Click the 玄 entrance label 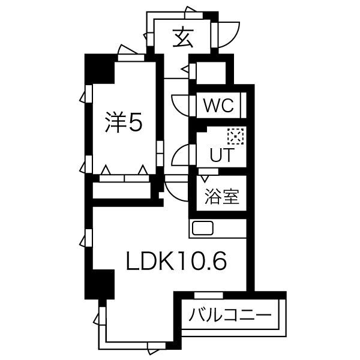pos(183,38)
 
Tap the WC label pos(219,106)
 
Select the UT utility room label pos(222,155)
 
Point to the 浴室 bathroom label pos(222,197)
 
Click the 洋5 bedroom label pos(124,122)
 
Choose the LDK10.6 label pos(176,260)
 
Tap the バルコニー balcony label pos(230,314)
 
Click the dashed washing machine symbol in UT pos(236,136)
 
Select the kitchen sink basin pos(203,228)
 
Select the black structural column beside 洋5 pos(100,69)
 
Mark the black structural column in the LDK pos(100,284)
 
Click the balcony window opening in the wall pos(208,295)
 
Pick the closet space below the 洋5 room pos(122,190)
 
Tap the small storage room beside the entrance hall pos(211,73)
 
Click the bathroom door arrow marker pos(205,178)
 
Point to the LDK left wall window pos(88,238)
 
